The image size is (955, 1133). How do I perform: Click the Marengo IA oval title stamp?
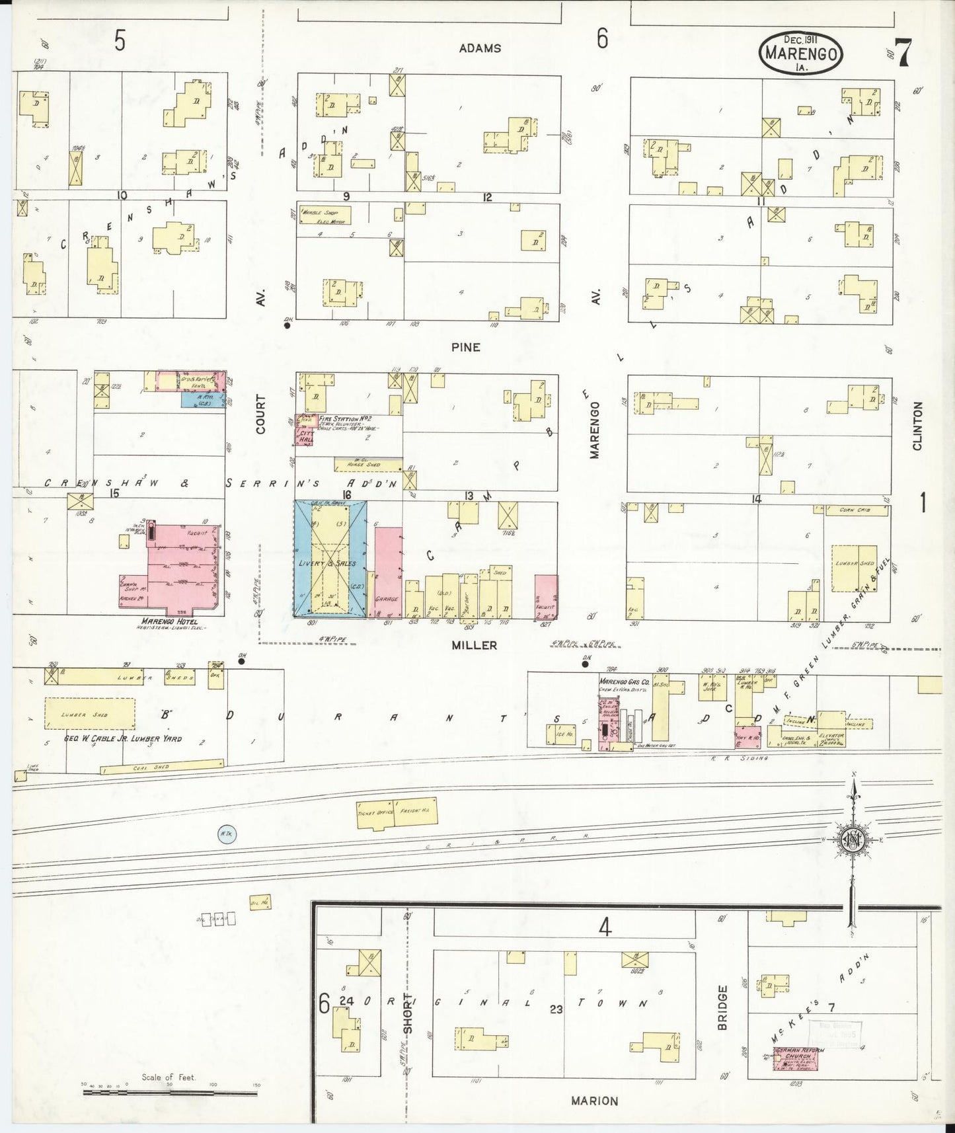pyautogui.click(x=800, y=52)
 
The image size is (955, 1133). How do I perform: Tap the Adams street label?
pyautogui.click(x=480, y=48)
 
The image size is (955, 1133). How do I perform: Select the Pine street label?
pyautogui.click(x=466, y=347)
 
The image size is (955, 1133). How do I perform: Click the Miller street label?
pyautogui.click(x=474, y=645)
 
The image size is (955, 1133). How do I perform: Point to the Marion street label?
pyautogui.click(x=594, y=1101)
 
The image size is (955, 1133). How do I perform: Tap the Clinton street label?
pyautogui.click(x=917, y=426)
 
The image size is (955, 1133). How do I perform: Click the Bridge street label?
pyautogui.click(x=722, y=1007)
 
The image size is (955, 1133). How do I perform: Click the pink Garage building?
pyautogui.click(x=388, y=572)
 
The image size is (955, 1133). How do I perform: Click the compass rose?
pyautogui.click(x=853, y=839)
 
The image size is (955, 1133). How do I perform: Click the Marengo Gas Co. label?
pyautogui.click(x=624, y=682)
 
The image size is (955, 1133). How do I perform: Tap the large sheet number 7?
pyautogui.click(x=903, y=53)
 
